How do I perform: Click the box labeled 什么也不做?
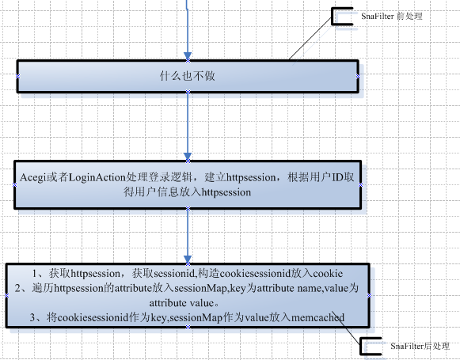point(188,77)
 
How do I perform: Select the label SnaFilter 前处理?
point(392,16)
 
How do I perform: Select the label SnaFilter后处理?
point(420,347)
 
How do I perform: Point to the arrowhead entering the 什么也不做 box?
point(188,56)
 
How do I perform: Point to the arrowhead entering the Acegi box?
point(188,157)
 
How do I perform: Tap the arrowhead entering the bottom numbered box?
point(188,260)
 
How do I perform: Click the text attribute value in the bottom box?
point(181,303)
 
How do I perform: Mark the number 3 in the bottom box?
point(32,317)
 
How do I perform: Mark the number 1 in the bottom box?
point(35,274)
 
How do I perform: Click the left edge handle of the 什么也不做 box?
point(17,77)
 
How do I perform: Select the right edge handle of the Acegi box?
point(360,184)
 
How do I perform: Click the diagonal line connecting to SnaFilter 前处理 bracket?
point(310,38)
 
